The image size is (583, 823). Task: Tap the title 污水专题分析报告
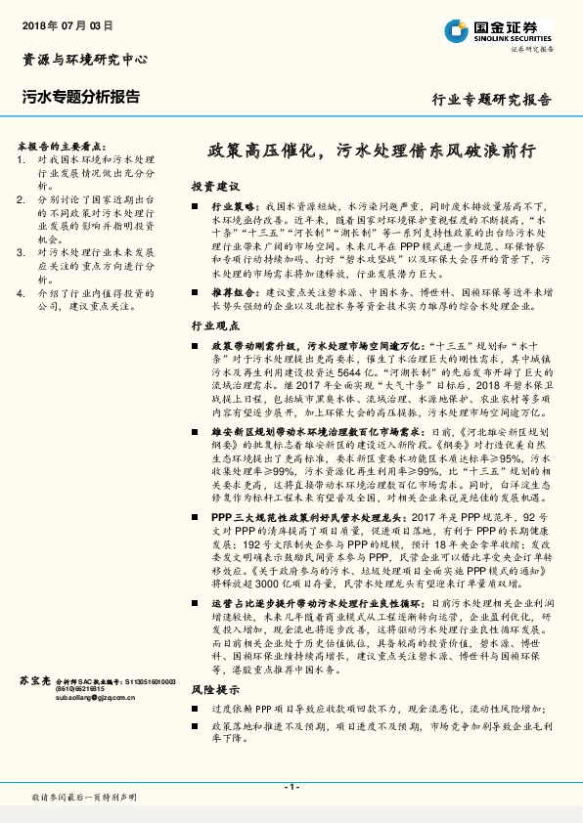click(x=80, y=97)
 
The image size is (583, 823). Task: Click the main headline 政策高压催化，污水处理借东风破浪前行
click(x=372, y=152)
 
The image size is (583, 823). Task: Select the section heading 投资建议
click(x=214, y=186)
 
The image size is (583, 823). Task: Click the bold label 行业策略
click(x=232, y=208)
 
